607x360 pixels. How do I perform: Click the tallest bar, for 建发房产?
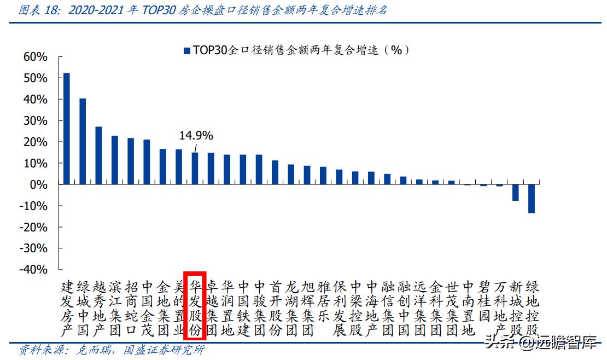pyautogui.click(x=67, y=129)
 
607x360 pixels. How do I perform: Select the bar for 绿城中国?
pyautogui.click(x=83, y=141)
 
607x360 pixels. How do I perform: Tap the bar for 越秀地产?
pyautogui.click(x=98, y=155)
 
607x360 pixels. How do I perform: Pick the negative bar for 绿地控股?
pyautogui.click(x=531, y=199)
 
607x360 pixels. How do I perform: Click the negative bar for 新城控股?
pyautogui.click(x=515, y=193)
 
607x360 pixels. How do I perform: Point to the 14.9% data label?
pyautogui.click(x=196, y=136)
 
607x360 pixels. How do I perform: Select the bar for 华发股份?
pyautogui.click(x=195, y=169)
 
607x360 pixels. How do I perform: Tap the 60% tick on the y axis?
pyautogui.click(x=36, y=57)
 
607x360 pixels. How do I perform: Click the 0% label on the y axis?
pyautogui.click(x=39, y=185)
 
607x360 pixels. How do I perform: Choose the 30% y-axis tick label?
pyautogui.click(x=36, y=121)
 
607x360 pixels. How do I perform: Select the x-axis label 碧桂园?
pyautogui.click(x=483, y=301)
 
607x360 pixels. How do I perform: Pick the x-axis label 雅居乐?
pyautogui.click(x=323, y=301)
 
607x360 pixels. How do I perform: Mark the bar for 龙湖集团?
pyautogui.click(x=291, y=175)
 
